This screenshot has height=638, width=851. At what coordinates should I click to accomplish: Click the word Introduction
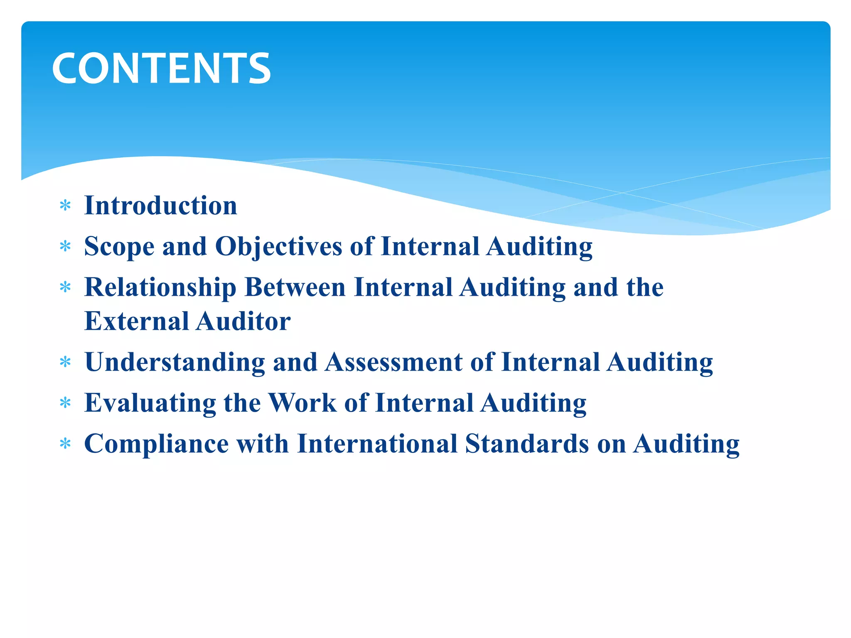click(160, 206)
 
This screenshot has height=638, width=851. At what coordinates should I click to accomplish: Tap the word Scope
click(119, 247)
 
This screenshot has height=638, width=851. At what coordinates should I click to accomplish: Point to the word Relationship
click(160, 287)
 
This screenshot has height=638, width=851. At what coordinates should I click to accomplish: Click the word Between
click(295, 287)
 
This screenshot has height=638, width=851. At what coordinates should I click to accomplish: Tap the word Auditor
click(243, 321)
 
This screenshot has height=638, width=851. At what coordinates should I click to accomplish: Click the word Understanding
click(175, 362)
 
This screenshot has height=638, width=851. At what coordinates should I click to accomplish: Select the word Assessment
click(394, 362)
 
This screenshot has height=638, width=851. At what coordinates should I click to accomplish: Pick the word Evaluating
click(150, 403)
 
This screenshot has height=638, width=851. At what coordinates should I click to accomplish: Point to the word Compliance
click(156, 444)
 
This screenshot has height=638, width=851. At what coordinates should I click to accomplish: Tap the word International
click(377, 444)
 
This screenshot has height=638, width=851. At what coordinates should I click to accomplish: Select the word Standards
click(527, 444)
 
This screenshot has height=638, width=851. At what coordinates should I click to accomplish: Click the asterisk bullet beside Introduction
click(65, 206)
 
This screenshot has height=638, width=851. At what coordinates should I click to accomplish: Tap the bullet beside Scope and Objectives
click(65, 247)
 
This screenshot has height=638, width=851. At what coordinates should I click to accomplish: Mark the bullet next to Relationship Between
click(65, 287)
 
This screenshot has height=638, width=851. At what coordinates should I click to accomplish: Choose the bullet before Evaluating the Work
click(65, 403)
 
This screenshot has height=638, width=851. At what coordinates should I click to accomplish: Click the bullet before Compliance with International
click(65, 444)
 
